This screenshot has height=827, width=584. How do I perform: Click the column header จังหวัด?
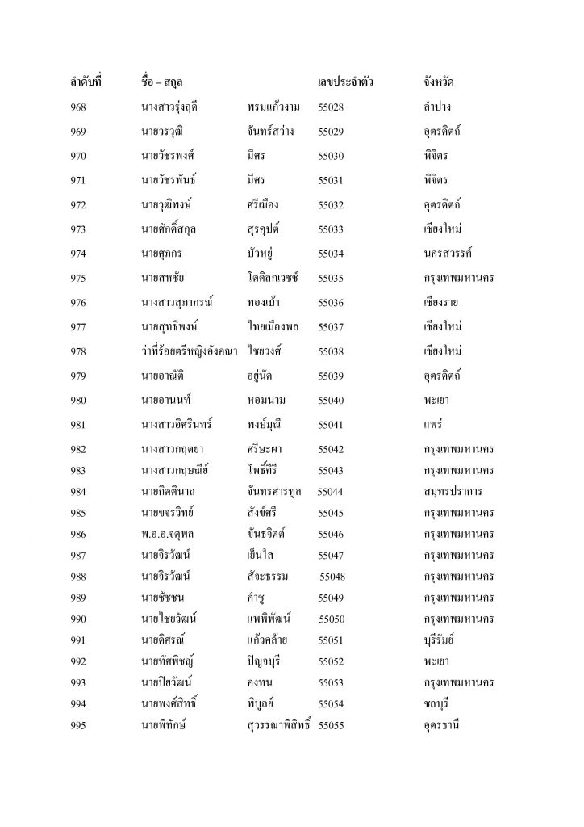(x=440, y=82)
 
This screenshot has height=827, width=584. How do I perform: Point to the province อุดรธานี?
(x=441, y=726)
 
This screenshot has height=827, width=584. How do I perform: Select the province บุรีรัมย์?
(x=440, y=640)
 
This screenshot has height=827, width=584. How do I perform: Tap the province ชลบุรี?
(x=436, y=704)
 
